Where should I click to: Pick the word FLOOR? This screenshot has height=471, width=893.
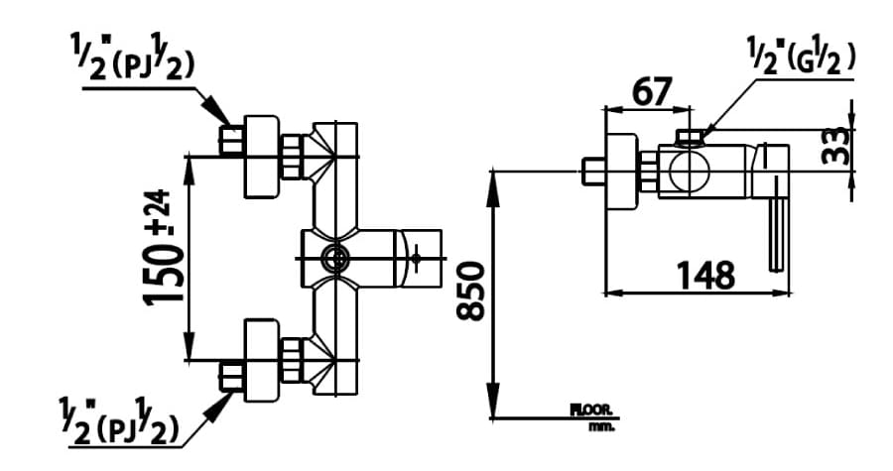coord(592,410)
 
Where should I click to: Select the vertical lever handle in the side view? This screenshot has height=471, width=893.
coord(777,231)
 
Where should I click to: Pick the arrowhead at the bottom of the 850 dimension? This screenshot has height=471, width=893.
coord(493,407)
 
